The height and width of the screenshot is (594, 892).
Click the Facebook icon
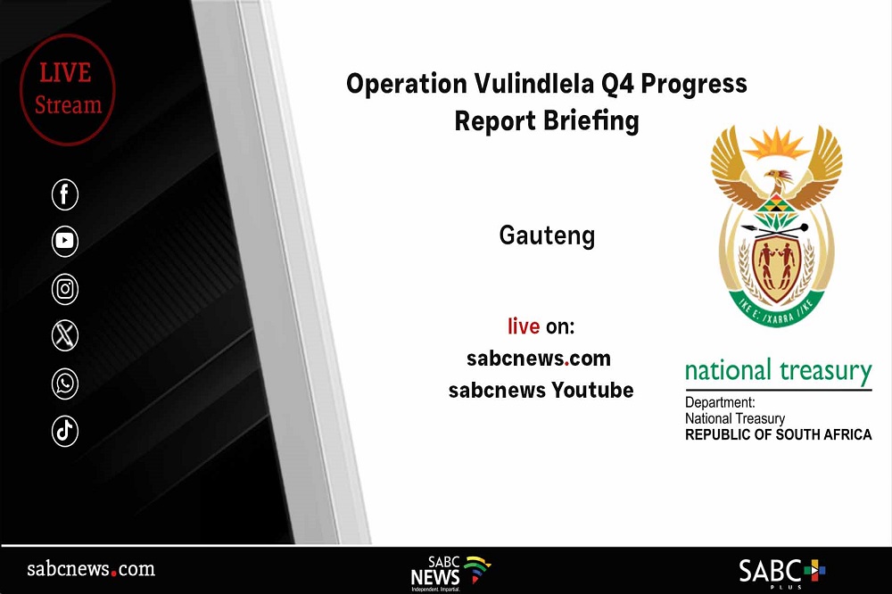(x=65, y=194)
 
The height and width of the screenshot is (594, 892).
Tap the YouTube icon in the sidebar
(x=65, y=241)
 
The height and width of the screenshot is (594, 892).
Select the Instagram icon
(x=65, y=288)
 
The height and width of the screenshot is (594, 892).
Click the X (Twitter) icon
(x=65, y=335)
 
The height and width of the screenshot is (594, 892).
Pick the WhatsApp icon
(x=65, y=384)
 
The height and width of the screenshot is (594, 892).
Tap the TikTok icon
(x=65, y=431)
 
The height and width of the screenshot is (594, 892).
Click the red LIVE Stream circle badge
(x=68, y=89)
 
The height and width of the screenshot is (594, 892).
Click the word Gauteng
(x=547, y=235)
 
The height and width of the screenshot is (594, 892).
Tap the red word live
(x=524, y=326)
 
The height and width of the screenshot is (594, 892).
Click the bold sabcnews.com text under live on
(x=539, y=359)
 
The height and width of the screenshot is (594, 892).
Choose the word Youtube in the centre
(x=592, y=391)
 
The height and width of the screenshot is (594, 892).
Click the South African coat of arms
(x=777, y=226)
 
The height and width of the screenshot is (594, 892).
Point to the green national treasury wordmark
(x=778, y=372)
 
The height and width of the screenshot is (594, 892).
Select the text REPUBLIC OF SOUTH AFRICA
(x=778, y=434)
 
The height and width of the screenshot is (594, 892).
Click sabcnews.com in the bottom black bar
(x=91, y=568)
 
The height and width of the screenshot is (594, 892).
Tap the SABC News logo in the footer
(x=450, y=573)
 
